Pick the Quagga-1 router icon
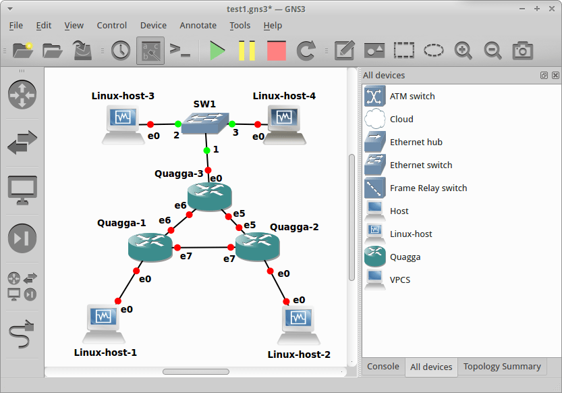[x=150, y=246]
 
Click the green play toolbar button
[x=217, y=51]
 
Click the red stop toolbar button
[x=276, y=51]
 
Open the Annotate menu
[x=198, y=25]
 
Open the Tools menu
[x=240, y=25]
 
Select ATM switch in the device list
[x=412, y=97]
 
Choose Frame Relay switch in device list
[x=428, y=188]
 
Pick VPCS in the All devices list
[x=399, y=280]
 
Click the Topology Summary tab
[x=502, y=367]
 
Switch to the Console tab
[x=383, y=367]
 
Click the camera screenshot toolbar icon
[x=522, y=51]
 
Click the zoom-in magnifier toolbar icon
[x=463, y=51]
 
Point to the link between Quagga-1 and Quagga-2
[x=206, y=248]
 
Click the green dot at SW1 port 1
[x=206, y=150]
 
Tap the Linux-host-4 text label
[x=284, y=96]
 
